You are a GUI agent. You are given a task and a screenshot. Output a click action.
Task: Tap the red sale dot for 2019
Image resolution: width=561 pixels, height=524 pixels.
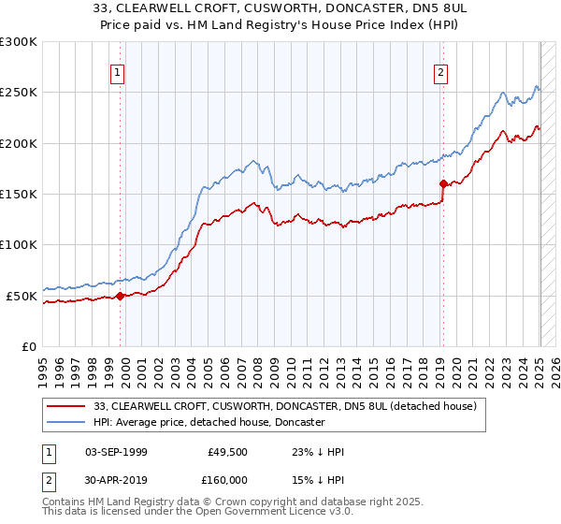coord(442,184)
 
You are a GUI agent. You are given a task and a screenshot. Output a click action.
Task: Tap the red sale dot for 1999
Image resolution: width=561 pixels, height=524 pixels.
coord(120,297)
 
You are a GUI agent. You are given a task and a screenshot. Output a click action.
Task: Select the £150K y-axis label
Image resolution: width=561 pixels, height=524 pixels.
coord(19,195)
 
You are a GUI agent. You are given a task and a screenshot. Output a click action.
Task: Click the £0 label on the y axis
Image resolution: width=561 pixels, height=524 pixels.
coord(28,347)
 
